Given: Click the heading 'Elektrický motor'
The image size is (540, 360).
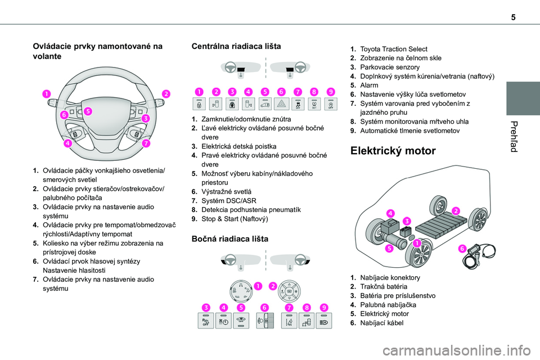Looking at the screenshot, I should (392, 151).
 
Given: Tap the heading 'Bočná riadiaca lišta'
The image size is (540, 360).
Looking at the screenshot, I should (230, 238).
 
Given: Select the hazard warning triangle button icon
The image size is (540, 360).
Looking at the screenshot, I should (281, 103).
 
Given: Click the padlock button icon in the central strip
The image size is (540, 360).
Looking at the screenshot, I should (199, 103).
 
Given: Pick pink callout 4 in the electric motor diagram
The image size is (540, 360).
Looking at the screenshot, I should (390, 211).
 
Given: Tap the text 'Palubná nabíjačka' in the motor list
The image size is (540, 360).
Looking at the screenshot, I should (385, 304).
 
